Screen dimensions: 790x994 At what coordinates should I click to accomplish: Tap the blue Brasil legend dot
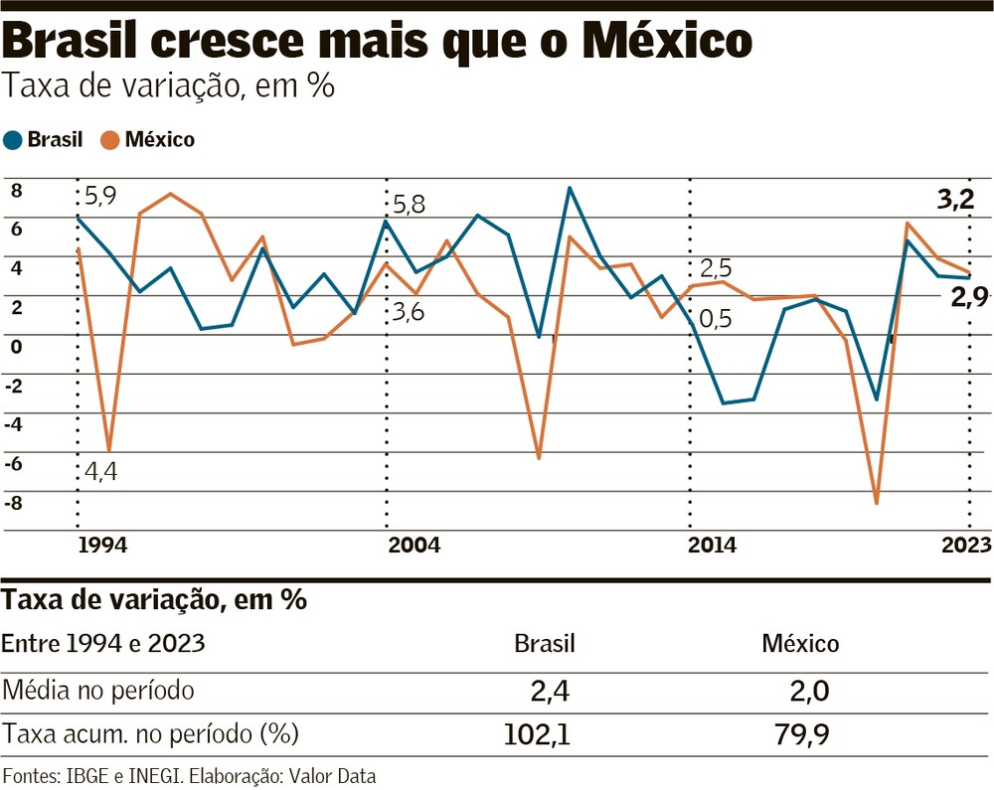[x=13, y=140]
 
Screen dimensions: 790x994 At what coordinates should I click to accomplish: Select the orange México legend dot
[x=110, y=140]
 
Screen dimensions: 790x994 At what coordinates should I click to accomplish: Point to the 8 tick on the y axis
[x=16, y=190]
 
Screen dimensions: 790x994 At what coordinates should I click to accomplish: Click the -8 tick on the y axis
[x=13, y=502]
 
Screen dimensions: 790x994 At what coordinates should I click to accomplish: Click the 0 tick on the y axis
[x=16, y=345]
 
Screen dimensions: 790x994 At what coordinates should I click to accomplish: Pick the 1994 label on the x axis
[x=102, y=546]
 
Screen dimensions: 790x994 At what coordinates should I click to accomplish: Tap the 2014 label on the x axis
[x=712, y=546]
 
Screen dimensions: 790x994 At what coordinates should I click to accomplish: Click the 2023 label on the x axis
[x=965, y=546]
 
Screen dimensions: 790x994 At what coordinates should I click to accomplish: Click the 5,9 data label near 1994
[x=100, y=196]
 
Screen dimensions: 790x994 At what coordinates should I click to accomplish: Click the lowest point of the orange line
[x=877, y=504]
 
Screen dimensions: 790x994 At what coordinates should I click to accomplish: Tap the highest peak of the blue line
[x=569, y=188]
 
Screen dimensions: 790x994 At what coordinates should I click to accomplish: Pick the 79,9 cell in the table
[x=800, y=735]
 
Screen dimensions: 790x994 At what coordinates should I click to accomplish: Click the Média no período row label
[x=98, y=690]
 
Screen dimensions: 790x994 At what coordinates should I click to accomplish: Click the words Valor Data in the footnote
[x=334, y=775]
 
